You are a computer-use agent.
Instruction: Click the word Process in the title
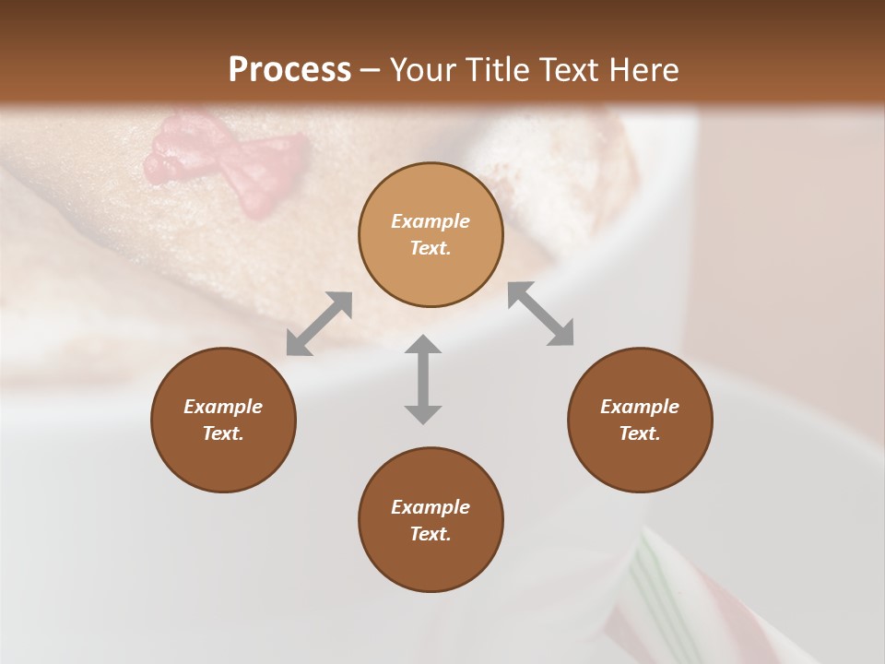pos(289,70)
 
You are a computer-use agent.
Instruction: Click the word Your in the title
pos(421,70)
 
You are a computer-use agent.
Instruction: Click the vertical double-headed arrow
pos(423,379)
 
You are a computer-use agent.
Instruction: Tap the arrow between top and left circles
pos(319,323)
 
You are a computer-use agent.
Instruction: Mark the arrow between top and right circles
pos(540,314)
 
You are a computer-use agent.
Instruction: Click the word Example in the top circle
pos(431,221)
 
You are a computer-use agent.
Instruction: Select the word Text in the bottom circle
pos(431,534)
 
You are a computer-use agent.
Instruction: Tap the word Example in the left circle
pos(223,407)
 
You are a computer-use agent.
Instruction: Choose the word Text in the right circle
pos(640,433)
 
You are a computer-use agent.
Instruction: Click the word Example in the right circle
pos(640,407)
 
